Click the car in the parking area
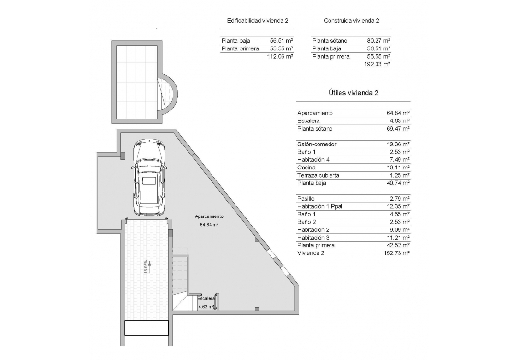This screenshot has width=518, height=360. click(x=150, y=178)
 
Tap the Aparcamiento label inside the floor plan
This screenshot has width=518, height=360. click(x=209, y=216)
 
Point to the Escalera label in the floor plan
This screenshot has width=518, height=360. click(x=206, y=298)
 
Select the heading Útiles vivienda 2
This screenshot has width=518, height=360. click(x=353, y=93)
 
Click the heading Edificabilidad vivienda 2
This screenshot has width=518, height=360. click(x=257, y=21)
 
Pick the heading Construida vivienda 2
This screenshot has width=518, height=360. click(x=351, y=21)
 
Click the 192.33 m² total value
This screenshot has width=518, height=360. click(x=377, y=64)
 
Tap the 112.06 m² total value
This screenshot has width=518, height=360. click(x=280, y=57)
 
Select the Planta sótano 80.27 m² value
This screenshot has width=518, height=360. click(x=378, y=41)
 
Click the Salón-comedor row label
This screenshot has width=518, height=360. click(x=317, y=144)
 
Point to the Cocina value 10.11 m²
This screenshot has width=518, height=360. click(x=398, y=168)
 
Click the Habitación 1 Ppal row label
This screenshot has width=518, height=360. click(x=320, y=206)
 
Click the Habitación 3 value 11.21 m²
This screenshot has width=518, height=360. click(x=398, y=238)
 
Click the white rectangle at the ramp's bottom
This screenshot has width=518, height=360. click(x=147, y=328)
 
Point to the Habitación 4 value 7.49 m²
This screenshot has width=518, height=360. click(x=399, y=160)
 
